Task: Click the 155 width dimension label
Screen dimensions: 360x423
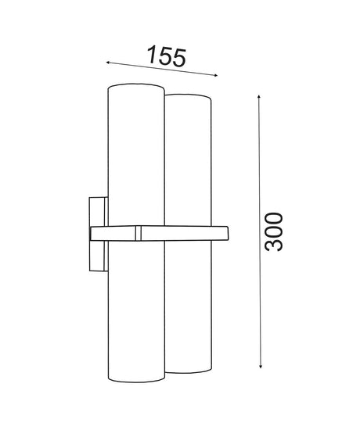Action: click(x=167, y=56)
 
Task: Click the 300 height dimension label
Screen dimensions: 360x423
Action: click(x=273, y=232)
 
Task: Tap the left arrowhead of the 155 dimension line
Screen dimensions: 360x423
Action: click(x=108, y=63)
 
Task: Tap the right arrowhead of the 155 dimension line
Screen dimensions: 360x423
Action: click(x=215, y=76)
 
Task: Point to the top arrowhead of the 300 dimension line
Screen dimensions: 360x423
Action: click(x=259, y=97)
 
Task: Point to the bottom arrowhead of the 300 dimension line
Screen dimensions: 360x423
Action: click(x=261, y=365)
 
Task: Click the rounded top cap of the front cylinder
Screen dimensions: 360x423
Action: click(x=136, y=86)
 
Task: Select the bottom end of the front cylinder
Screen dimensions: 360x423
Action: click(x=136, y=379)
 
